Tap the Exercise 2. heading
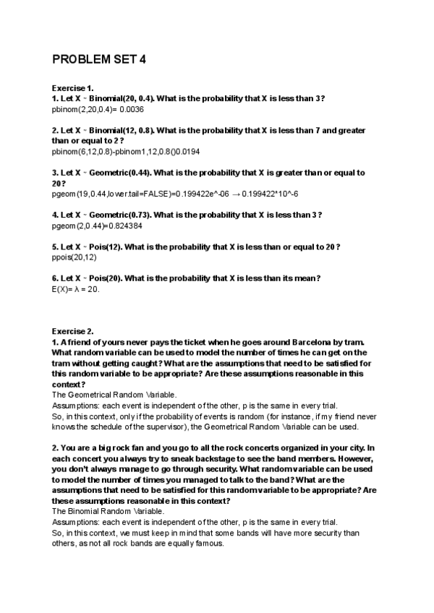[73, 332]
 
